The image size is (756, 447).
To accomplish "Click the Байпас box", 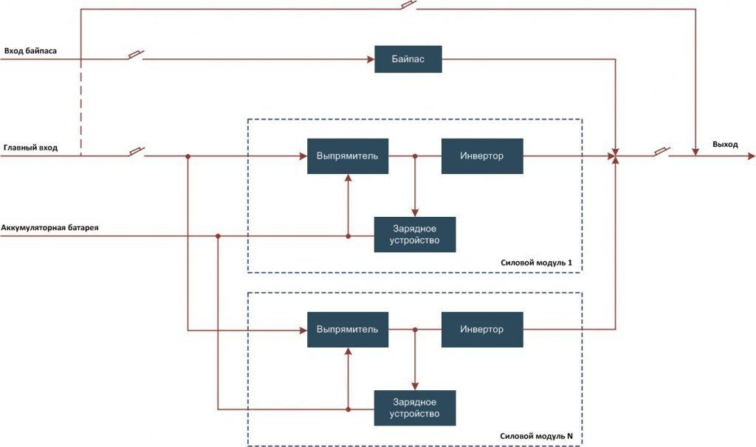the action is tap(408, 59).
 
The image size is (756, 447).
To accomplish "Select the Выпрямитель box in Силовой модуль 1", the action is tap(348, 156).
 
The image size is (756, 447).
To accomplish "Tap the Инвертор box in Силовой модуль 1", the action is tap(482, 156).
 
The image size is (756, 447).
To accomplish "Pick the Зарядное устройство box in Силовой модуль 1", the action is tap(415, 235).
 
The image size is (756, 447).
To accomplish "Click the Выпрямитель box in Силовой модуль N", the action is tap(348, 330).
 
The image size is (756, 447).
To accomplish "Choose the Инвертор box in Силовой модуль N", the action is tap(482, 330).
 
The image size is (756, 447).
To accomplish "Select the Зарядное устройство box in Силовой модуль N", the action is tap(415, 408).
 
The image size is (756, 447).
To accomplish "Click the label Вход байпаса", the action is tap(30, 51).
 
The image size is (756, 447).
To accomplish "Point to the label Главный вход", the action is tap(30, 148).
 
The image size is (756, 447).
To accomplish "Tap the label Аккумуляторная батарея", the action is tap(49, 227).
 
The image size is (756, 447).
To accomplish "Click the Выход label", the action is tap(725, 145).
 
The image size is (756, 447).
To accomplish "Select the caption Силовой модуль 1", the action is tap(536, 263).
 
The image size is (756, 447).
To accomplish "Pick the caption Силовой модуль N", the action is tap(536, 437).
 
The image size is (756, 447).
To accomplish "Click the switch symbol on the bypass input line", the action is tap(136, 55).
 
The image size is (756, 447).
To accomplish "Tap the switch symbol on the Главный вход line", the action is tap(137, 152).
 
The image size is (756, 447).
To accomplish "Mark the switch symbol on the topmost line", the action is tap(408, 5).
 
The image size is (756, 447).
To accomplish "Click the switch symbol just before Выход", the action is tap(661, 152).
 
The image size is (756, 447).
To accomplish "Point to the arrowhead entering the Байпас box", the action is tap(371, 59).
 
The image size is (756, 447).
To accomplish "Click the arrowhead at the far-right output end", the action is tap(751, 156).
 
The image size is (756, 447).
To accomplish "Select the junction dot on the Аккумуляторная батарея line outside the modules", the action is tap(218, 236).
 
